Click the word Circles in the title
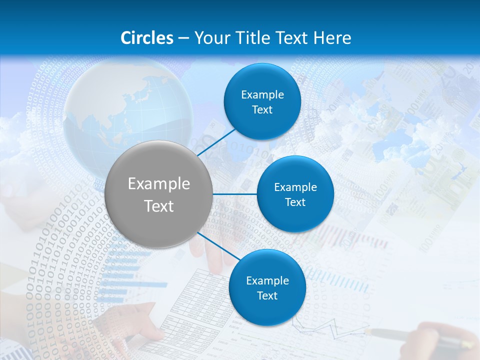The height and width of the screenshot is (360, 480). pos(147,38)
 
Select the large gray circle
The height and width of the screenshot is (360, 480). pos(159,194)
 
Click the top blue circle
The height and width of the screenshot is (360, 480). pos(262,102)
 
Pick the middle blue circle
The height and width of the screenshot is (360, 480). pos(295,194)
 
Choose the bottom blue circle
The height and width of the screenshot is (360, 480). pos(267,288)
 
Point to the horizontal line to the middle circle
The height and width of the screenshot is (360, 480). pos(235,194)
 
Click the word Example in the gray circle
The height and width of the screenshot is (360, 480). pos(159,184)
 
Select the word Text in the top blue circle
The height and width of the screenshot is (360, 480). pos(262,110)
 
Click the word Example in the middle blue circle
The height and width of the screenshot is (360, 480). pos(295,187)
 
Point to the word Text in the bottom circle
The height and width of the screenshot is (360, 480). pos(267,296)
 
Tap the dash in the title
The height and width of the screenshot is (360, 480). pos(183,38)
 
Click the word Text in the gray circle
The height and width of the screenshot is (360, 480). pos(159,206)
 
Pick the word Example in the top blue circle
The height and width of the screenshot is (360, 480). pos(262,95)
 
